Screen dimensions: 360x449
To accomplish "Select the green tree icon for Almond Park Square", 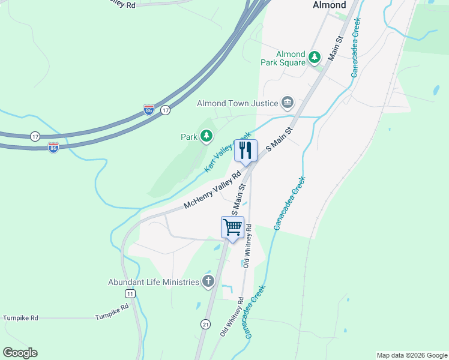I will [315, 58].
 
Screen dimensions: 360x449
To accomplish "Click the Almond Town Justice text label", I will [238, 104].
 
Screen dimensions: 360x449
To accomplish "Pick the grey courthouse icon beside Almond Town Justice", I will [288, 103].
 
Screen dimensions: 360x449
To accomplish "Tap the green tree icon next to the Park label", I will [206, 137].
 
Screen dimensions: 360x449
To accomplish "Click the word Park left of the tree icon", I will [189, 137].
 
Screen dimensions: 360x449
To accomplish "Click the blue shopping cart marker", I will [232, 227].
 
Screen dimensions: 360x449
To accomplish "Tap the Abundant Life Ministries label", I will [153, 282].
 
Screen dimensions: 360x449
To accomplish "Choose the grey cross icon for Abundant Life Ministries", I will [208, 281].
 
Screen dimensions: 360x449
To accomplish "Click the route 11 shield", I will [130, 293].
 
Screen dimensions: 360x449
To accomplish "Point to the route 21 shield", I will [205, 324].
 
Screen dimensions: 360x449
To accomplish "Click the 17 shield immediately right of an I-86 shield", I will [166, 110].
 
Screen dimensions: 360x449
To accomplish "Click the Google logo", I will [20, 353].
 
